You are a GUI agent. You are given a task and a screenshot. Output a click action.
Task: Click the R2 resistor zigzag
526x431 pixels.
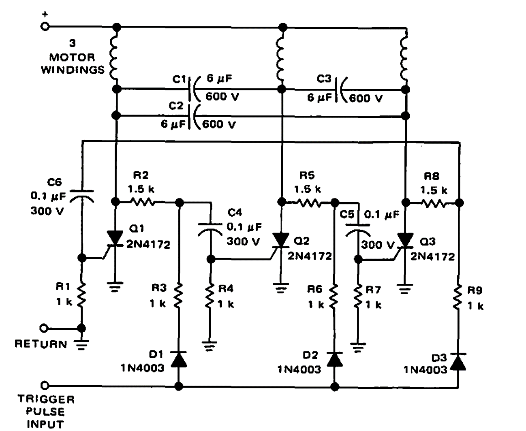[x=142, y=201]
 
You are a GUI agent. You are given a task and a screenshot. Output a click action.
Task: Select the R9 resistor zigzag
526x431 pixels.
[x=458, y=299]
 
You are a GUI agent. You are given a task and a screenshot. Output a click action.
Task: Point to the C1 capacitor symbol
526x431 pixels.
[x=194, y=88]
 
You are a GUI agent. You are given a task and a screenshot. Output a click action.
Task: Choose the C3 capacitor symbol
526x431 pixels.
[x=339, y=89]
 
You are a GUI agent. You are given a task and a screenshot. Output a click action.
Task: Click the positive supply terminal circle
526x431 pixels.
[x=45, y=27]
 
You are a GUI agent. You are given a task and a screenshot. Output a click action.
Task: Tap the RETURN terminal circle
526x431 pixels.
[x=45, y=328]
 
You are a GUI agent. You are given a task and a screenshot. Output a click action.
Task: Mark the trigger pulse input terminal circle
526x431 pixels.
[x=45, y=385]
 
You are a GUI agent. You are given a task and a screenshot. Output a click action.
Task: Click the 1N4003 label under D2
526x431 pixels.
[x=299, y=369]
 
